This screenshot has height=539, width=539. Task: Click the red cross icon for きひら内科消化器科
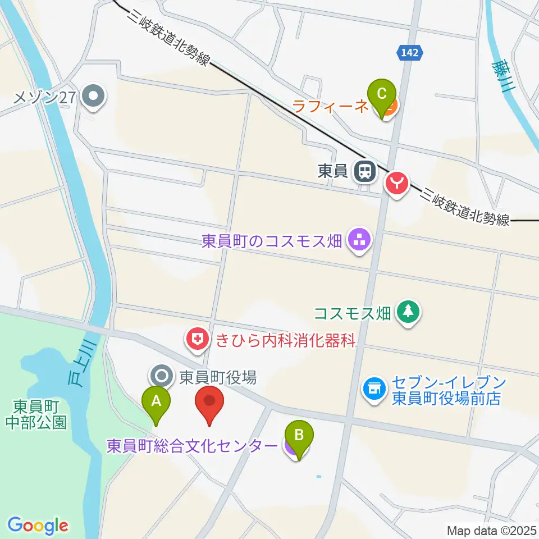pyautogui.click(x=197, y=339)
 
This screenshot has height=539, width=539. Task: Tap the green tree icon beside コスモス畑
pyautogui.click(x=407, y=312)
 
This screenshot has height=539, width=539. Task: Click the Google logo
pyautogui.click(x=38, y=526)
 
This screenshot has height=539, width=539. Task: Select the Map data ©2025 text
pyautogui.click(x=492, y=530)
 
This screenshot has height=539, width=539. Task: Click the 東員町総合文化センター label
pyautogui.click(x=193, y=446)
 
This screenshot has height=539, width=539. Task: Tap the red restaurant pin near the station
pyautogui.click(x=396, y=183)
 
